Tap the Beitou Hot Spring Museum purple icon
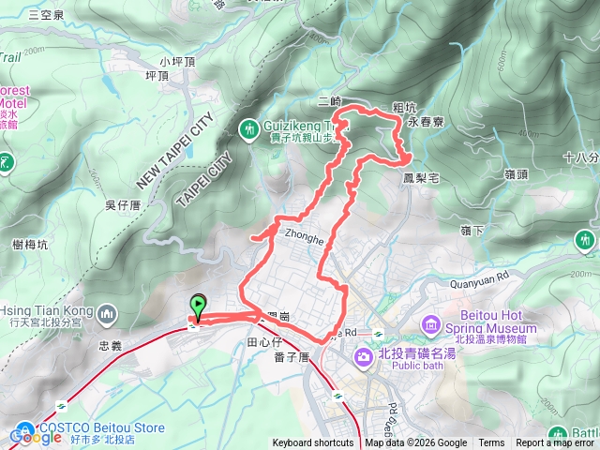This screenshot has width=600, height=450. (431, 325)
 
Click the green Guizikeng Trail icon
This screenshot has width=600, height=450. (250, 127)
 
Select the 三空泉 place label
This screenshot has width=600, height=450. (46, 15)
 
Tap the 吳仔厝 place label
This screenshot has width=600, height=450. (124, 204)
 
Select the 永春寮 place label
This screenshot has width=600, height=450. (426, 123)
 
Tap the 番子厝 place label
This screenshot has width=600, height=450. (292, 357)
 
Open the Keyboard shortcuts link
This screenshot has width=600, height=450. (313, 443)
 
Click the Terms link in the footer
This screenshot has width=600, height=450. (491, 443)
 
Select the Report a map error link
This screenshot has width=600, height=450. (557, 443)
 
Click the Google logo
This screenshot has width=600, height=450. (36, 436)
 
